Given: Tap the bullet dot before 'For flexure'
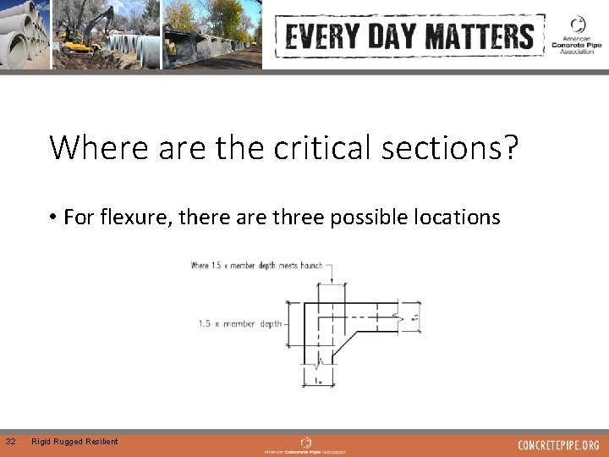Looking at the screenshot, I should point(52,217).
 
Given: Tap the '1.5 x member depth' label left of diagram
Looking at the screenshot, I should point(240,323).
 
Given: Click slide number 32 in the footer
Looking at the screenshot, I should point(9,441).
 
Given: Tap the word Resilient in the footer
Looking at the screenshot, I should point(101,441).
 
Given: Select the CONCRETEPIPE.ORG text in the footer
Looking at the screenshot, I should point(558,444).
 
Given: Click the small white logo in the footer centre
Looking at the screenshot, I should point(306,442).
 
